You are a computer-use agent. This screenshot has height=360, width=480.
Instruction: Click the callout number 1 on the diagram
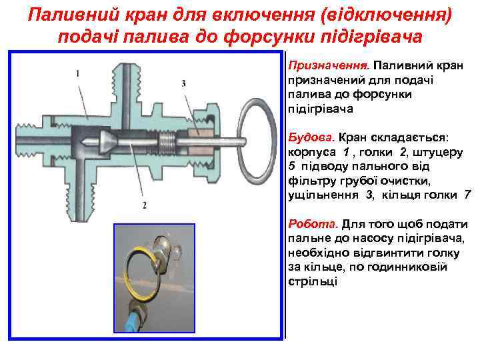pyautogui.click(x=78, y=73)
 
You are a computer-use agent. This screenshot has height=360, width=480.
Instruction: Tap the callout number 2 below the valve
pyautogui.click(x=145, y=203)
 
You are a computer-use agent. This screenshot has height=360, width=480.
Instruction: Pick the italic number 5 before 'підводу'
pyautogui.click(x=291, y=166)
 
